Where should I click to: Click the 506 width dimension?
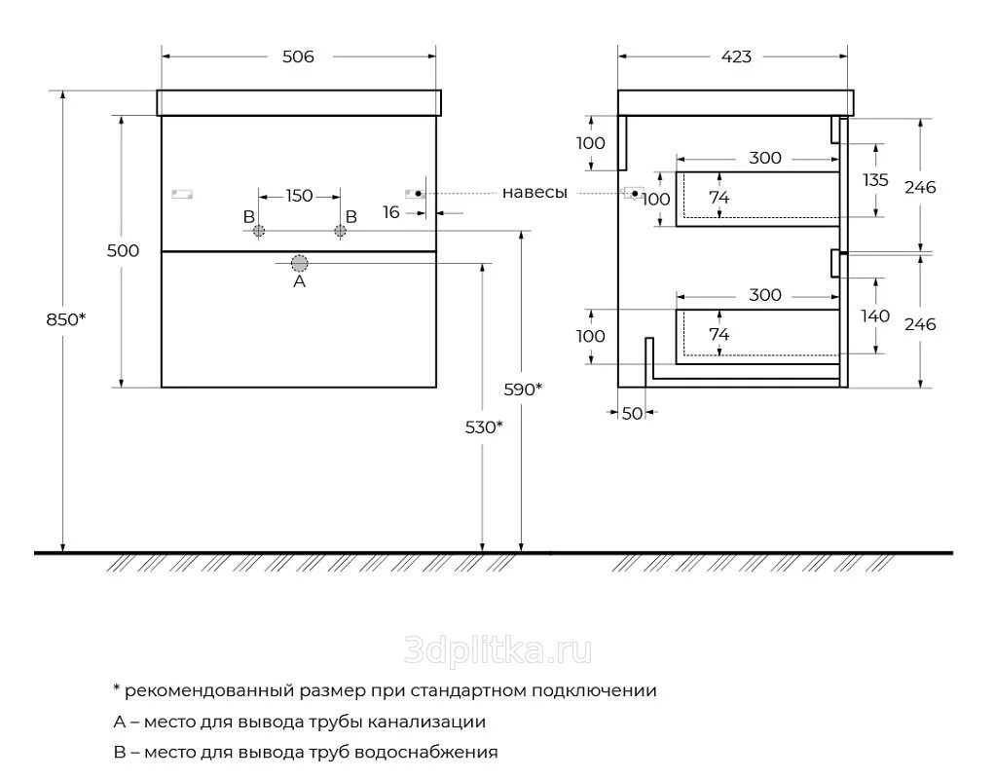298,56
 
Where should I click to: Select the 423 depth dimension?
736,56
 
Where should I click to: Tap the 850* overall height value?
65,319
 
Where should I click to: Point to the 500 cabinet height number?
123,251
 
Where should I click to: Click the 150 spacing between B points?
299,196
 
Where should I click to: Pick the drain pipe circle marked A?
300,262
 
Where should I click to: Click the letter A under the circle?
300,281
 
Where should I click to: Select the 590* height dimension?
523,389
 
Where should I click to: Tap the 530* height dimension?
484,427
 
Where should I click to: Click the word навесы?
534,193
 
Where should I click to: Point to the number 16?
391,212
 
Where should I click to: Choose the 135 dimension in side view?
875,180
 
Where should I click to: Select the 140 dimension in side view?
875,315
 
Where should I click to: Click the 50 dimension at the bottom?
632,413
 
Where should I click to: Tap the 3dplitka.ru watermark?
498,650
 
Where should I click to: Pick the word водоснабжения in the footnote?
426,753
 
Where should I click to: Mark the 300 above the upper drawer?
764,158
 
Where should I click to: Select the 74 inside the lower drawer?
719,334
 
